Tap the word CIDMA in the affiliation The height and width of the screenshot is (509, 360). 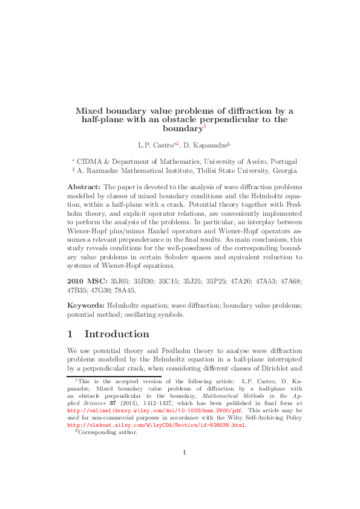[x=90, y=161]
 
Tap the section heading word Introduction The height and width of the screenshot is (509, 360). [x=117, y=334]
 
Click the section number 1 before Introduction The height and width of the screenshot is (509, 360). [x=70, y=334]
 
